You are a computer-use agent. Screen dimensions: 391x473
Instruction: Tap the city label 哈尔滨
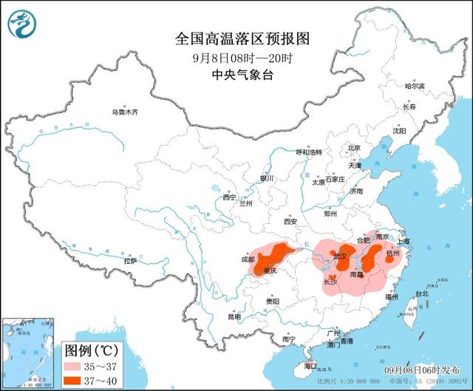coord(415,86)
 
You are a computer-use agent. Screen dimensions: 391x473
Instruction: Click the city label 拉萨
coord(130,261)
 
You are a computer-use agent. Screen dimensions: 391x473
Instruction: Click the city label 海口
coord(310,366)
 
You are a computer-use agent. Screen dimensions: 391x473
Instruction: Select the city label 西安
coord(289,221)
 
